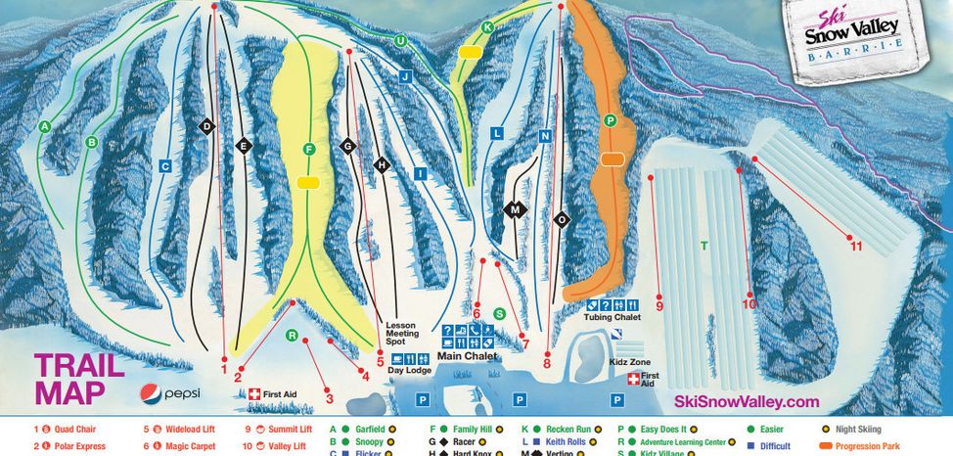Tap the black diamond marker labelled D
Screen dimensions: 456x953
206,127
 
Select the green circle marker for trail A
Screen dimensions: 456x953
44,126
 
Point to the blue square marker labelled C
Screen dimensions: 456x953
165,166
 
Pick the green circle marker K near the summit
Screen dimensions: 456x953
487,26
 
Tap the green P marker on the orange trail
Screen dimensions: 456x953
611,119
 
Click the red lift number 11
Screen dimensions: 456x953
856,246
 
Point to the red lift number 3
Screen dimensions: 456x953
330,398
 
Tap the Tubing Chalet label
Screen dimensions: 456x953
612,317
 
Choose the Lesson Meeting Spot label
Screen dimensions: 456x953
401,333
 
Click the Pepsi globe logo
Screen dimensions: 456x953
150,394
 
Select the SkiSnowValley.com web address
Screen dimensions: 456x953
747,402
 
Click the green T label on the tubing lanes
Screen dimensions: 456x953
703,245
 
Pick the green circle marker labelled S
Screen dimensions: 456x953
499,313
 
